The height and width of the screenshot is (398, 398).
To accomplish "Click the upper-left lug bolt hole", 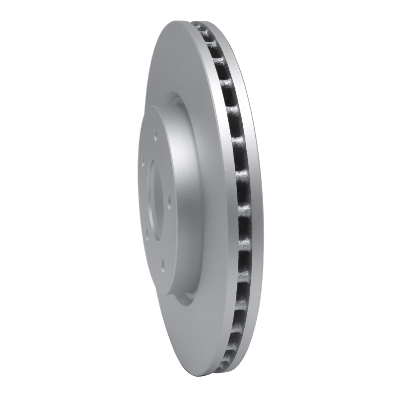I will click(x=143, y=161).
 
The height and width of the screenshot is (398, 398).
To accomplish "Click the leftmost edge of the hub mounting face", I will click(x=139, y=199).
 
